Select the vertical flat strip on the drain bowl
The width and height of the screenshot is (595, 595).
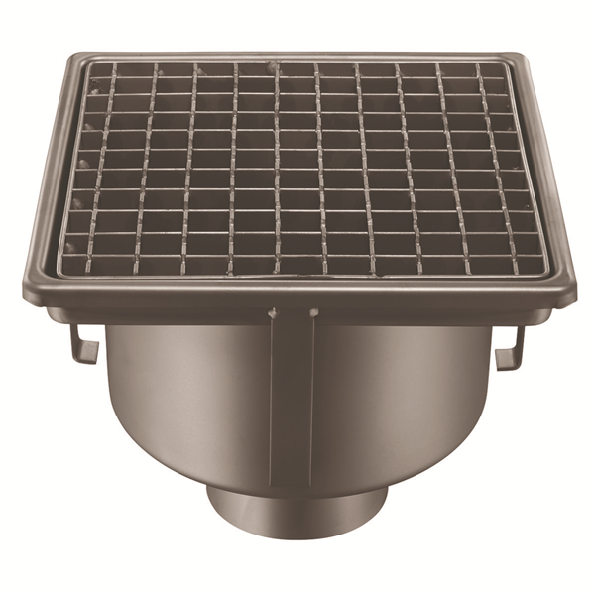(x=293, y=397)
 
